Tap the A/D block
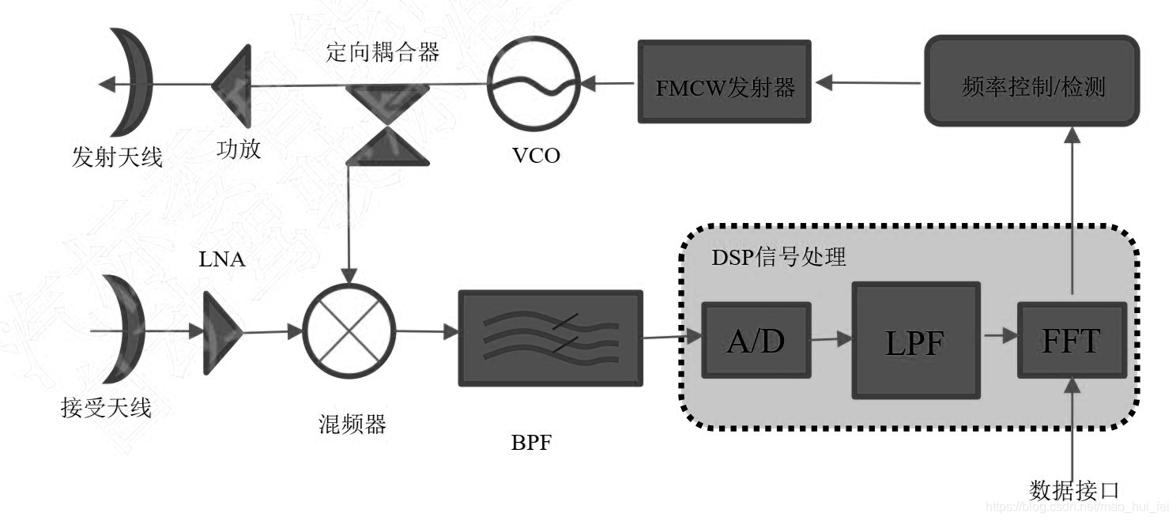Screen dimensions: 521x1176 756,340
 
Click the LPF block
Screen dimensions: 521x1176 915,341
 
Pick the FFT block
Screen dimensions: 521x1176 1070,340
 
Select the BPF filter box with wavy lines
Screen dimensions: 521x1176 550,338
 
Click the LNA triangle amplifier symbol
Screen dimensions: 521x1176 221,333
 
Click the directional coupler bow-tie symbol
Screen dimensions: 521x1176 387,126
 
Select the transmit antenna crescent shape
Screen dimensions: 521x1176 126,82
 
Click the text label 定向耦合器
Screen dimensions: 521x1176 383,54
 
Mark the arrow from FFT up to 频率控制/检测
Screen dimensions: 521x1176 1072,213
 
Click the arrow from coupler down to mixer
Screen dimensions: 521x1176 348,229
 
